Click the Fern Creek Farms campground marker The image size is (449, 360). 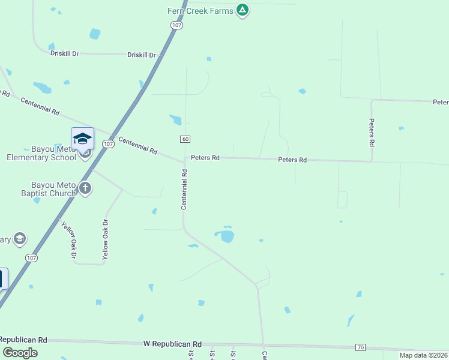(242, 10)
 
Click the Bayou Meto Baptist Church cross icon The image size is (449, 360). (85, 188)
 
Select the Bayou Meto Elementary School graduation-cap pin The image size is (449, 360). (82, 140)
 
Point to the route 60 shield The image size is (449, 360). (185, 139)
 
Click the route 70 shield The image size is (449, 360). (360, 347)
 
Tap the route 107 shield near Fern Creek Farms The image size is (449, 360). (175, 25)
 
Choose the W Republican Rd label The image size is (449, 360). (172, 344)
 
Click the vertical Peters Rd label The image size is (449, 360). (372, 132)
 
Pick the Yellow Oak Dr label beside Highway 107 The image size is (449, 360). (68, 240)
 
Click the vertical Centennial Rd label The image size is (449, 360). (185, 190)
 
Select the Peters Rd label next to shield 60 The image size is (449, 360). (205, 158)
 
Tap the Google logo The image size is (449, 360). (20, 353)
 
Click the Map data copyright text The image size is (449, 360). (423, 355)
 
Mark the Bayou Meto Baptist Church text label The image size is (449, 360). (54, 189)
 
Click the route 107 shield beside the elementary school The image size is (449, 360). (108, 144)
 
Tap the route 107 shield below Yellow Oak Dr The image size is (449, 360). (32, 257)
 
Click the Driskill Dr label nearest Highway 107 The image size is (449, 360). (142, 55)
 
